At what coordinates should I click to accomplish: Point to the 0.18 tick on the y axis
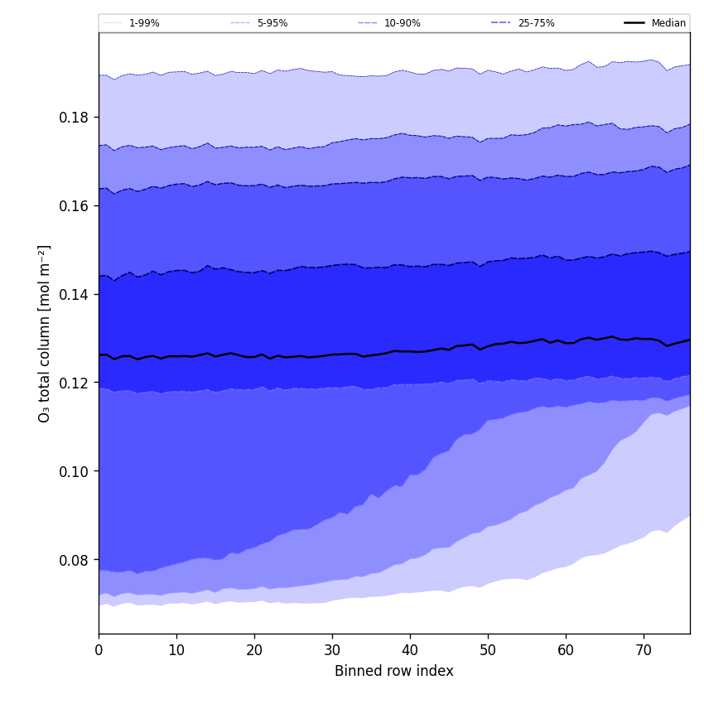coord(74,118)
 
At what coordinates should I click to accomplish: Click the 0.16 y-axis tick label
coord(74,206)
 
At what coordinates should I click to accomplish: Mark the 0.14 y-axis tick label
coord(74,295)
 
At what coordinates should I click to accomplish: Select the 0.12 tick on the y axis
coord(74,383)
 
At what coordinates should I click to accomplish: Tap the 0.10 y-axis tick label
coord(74,472)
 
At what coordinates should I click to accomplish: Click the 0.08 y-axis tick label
coord(74,561)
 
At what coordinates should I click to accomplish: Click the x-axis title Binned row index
coord(394,671)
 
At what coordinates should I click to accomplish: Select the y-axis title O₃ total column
coord(45,333)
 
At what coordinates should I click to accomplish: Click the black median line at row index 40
coord(410,351)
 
